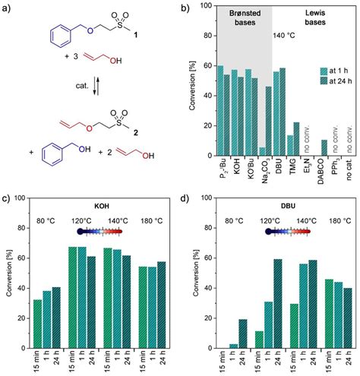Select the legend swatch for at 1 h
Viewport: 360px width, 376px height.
click(306, 68)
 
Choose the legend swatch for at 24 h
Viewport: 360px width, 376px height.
click(306, 81)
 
